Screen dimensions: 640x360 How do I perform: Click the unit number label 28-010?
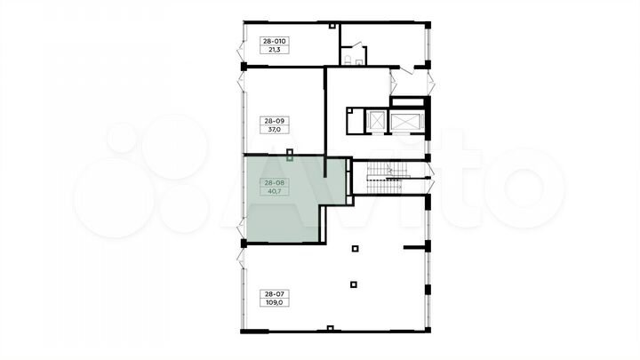click(275, 41)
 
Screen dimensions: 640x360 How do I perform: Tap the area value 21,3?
click(275, 50)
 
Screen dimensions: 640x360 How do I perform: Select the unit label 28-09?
click(275, 121)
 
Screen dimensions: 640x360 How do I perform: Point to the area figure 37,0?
click(275, 130)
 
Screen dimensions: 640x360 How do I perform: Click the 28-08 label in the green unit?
click(275, 182)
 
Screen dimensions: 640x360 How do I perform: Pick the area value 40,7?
click(275, 191)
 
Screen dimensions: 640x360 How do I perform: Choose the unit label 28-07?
click(275, 294)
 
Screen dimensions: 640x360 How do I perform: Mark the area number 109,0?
click(275, 303)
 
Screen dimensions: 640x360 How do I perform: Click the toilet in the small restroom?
click(348, 60)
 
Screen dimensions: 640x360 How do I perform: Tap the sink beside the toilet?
click(359, 62)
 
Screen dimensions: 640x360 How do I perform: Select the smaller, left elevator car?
click(376, 121)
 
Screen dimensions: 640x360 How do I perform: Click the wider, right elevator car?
click(407, 122)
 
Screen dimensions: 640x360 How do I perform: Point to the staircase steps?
click(387, 178)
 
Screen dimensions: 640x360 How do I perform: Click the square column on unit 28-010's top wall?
click(332, 26)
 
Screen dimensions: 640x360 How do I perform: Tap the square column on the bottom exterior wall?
click(330, 328)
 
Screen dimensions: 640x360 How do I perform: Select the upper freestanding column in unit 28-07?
click(355, 248)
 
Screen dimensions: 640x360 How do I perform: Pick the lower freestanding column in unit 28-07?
click(354, 284)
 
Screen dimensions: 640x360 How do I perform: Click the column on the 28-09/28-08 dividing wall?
click(290, 155)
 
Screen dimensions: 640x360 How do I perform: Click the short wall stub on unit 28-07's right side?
click(415, 247)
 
